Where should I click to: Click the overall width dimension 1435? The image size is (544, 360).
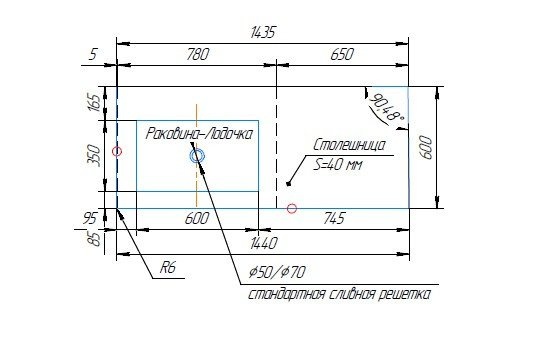[263, 32]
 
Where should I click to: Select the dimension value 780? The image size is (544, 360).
[198, 54]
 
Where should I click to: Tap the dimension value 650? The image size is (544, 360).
[342, 54]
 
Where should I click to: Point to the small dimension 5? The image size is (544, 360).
[93, 54]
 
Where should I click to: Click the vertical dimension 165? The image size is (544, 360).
[95, 102]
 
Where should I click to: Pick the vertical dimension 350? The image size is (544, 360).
[95, 156]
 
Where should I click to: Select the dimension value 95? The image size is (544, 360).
[90, 219]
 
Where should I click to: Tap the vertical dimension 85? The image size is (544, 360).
[95, 239]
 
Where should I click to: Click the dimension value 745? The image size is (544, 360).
[334, 218]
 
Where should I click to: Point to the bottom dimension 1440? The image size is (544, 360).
[264, 243]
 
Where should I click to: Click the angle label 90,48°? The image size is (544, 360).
[386, 108]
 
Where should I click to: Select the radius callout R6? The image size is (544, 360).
[168, 267]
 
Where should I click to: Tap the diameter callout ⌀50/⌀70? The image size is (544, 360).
[278, 272]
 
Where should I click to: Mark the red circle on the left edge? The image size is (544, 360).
[117, 151]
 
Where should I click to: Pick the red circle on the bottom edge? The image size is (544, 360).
[292, 208]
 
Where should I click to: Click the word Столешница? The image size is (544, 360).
[349, 145]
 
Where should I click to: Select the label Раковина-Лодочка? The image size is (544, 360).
[199, 134]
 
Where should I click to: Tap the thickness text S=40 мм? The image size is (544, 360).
[338, 164]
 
